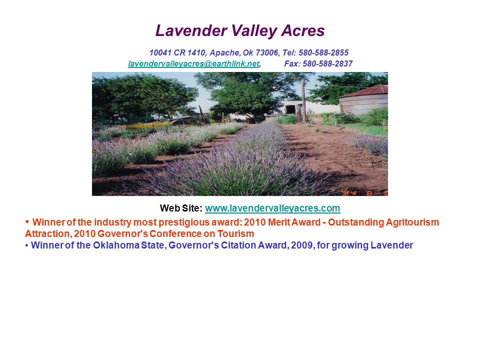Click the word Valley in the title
click(x=254, y=31)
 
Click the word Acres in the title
click(x=303, y=30)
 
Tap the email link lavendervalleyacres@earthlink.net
click(x=194, y=63)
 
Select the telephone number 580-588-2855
click(x=323, y=52)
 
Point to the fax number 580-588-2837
click(x=327, y=63)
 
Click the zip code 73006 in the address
click(x=267, y=52)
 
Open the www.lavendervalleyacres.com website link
click(x=272, y=208)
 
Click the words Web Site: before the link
click(x=181, y=208)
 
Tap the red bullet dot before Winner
click(x=27, y=221)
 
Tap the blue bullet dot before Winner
click(x=26, y=245)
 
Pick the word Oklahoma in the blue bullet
click(x=116, y=245)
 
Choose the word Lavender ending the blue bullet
click(x=392, y=245)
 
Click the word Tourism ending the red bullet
click(x=235, y=233)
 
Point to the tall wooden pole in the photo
click(x=304, y=100)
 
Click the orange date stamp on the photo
click(x=364, y=193)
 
